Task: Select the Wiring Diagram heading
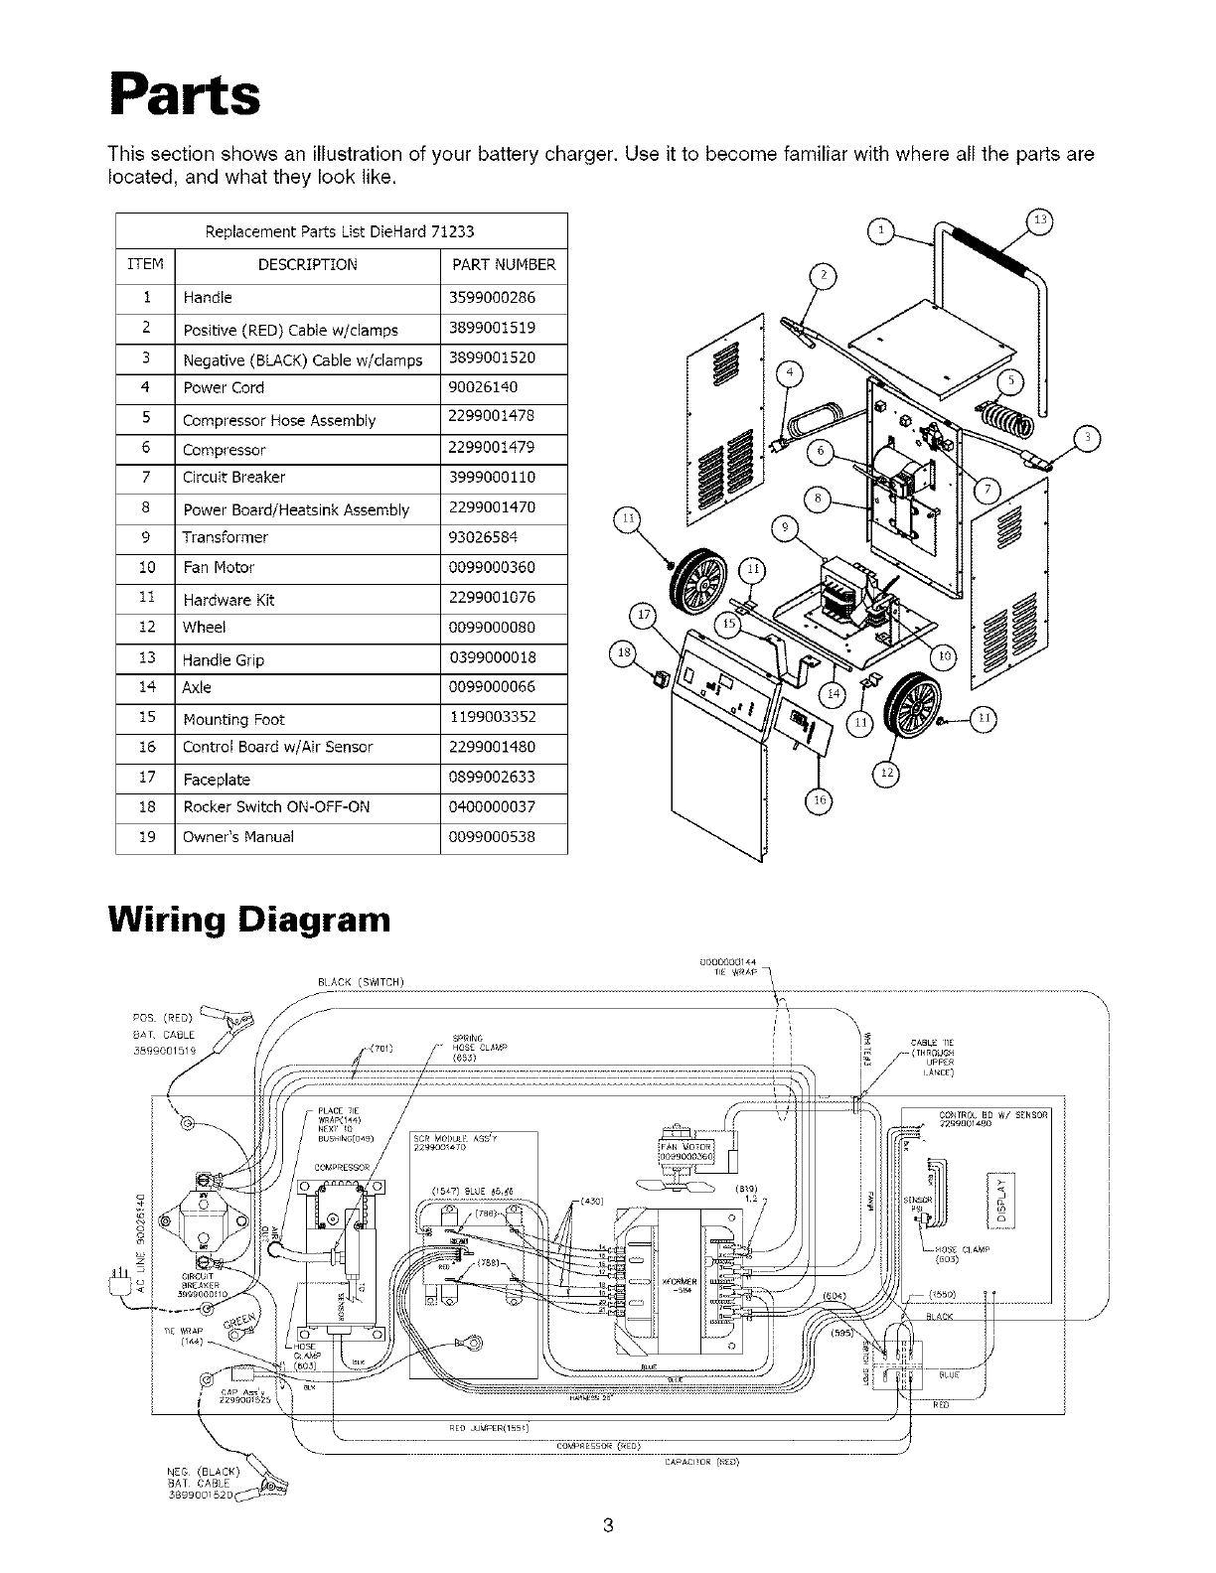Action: coord(248,918)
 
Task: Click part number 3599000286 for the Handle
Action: coord(493,297)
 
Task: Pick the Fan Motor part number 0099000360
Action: coord(493,567)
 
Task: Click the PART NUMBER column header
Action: coord(504,265)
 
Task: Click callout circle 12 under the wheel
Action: coord(884,772)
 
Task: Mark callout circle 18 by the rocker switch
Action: coord(625,652)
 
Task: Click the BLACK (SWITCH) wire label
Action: coord(359,983)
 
